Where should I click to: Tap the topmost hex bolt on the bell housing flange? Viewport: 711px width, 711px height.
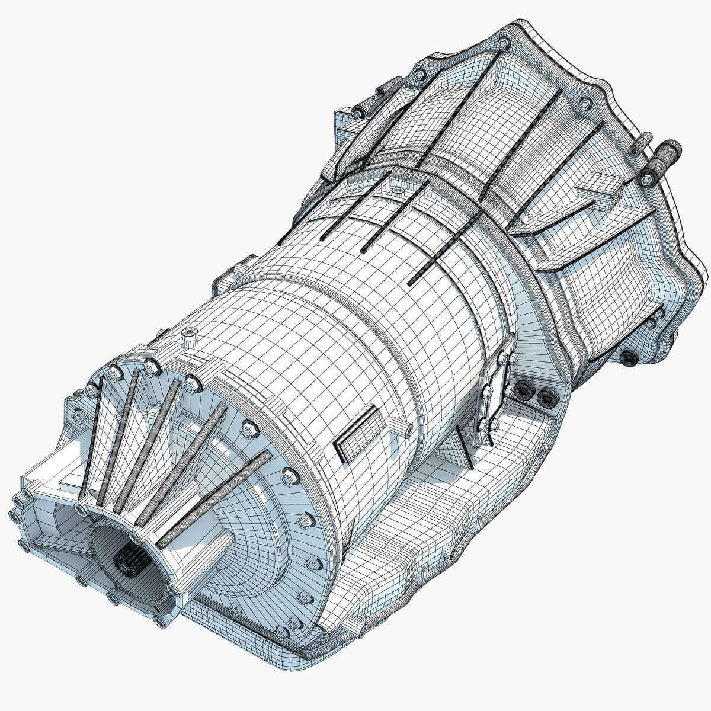(x=503, y=43)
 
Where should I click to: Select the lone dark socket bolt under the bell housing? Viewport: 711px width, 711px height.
(x=627, y=357)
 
